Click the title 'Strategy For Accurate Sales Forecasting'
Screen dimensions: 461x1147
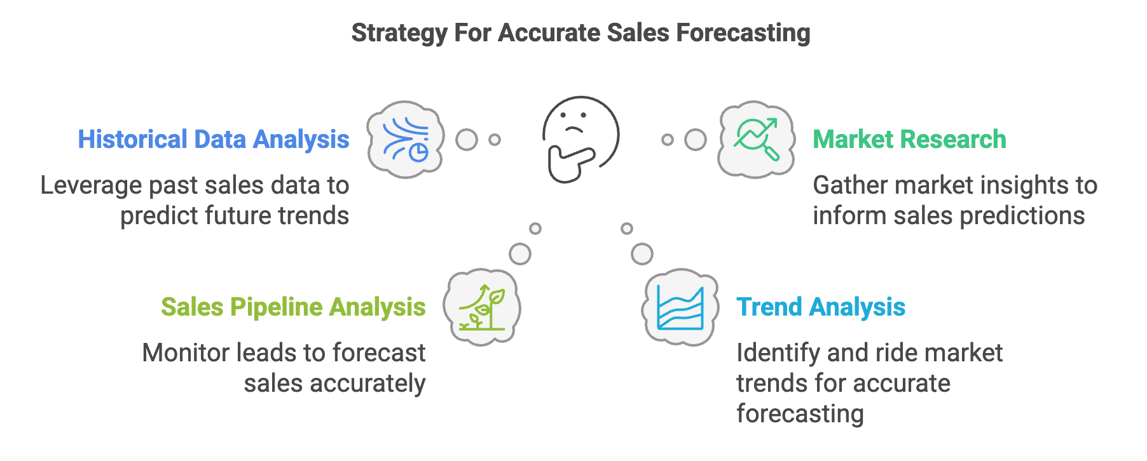580,33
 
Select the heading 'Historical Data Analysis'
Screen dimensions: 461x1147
214,140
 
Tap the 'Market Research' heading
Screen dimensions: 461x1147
909,140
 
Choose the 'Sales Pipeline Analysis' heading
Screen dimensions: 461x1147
293,307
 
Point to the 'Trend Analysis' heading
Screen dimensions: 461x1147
821,307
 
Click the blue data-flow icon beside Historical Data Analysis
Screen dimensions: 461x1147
406,139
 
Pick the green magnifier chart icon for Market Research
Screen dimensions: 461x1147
756,139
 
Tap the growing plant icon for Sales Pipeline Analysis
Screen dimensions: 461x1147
482,307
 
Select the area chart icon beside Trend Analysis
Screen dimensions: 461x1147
680,307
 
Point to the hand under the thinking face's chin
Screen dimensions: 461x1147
569,164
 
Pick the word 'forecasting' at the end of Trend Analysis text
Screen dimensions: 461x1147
800,414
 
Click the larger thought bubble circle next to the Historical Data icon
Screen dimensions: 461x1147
467,140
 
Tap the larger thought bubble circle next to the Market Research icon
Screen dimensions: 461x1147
696,140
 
